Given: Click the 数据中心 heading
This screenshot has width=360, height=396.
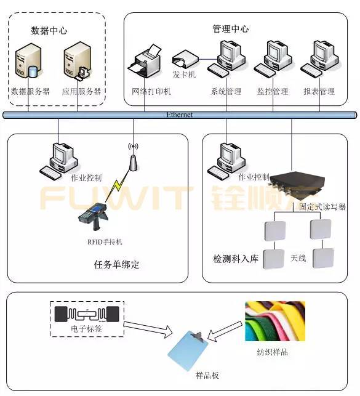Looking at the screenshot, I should coord(49,30).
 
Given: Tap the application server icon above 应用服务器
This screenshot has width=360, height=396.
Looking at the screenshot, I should coord(78,63).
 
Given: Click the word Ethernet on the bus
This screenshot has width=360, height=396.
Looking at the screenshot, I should coord(180,115).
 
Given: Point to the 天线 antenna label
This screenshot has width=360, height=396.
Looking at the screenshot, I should coord(298,257).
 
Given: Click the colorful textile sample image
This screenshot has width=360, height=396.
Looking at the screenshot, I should coord(274,322).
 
